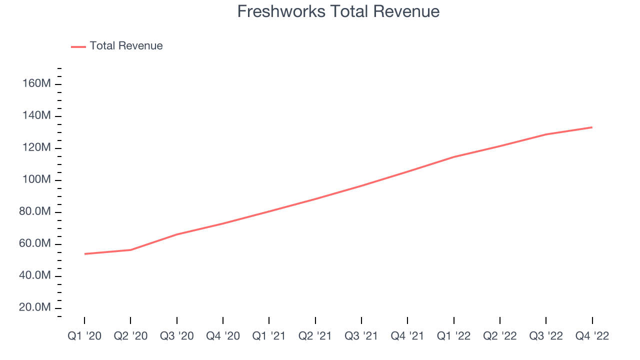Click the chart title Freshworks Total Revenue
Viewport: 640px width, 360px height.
point(338,11)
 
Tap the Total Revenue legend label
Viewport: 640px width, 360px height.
point(126,45)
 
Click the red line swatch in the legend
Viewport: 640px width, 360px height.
point(78,47)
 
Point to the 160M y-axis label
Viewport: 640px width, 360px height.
point(36,83)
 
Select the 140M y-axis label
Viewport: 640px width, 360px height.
point(36,115)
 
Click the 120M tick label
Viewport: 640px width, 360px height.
point(36,147)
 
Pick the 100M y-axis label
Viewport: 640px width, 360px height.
point(36,179)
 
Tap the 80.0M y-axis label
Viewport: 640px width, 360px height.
point(35,211)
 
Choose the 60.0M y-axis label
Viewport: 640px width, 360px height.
point(35,243)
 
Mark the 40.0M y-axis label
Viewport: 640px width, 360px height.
point(35,275)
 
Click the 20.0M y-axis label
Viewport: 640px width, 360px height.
point(35,307)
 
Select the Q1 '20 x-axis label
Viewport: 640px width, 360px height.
point(84,336)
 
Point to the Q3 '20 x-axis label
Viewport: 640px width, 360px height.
point(177,336)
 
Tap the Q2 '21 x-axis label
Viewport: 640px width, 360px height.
point(315,336)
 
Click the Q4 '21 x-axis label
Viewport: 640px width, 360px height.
point(407,336)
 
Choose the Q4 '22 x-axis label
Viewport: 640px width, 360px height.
point(592,336)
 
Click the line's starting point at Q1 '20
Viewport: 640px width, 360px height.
point(85,254)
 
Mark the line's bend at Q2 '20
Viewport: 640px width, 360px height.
point(130,250)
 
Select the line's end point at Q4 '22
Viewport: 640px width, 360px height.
point(592,127)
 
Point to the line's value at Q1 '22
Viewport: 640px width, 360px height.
point(453,157)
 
